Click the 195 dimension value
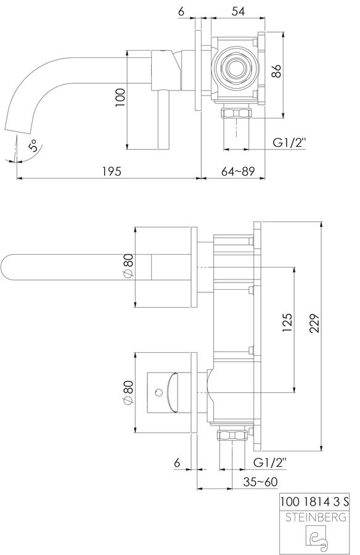tap(112, 171)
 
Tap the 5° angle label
tap(33, 146)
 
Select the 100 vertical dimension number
tap(121, 97)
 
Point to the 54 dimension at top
tap(238, 11)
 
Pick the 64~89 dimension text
tap(238, 171)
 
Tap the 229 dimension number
tap(314, 323)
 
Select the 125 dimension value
tap(287, 323)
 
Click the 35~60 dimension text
tap(261, 482)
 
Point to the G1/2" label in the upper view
tap(289, 142)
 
